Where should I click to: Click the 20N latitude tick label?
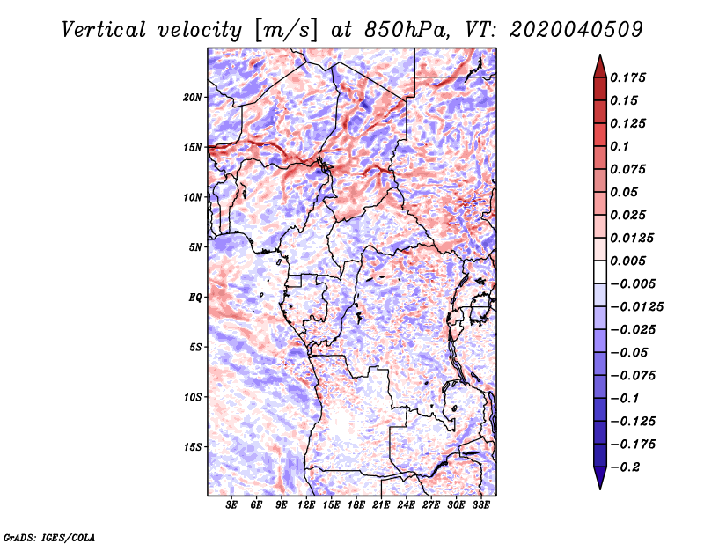coord(193,97)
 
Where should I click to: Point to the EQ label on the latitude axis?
coord(194,297)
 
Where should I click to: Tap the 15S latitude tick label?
coord(193,446)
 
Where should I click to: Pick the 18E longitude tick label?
coord(357,505)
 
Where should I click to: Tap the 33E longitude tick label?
coord(481,505)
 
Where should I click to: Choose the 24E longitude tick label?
coord(407,505)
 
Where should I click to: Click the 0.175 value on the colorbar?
coord(629,77)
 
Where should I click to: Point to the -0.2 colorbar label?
coord(627,467)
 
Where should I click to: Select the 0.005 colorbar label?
coord(629,261)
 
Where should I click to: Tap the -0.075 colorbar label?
coord(632,375)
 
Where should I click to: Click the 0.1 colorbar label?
coord(621,146)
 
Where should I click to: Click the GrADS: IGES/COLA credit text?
coord(50,536)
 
